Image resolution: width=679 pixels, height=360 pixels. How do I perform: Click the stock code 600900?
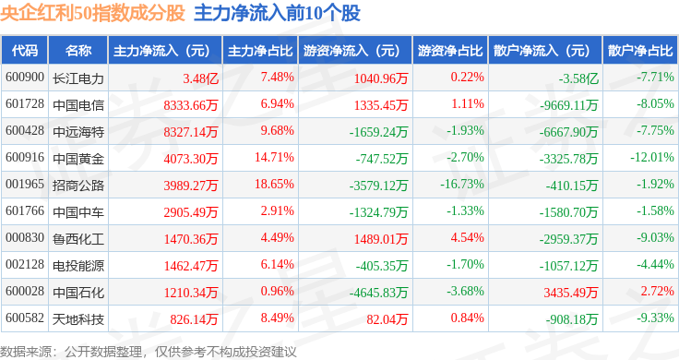tap(25, 78)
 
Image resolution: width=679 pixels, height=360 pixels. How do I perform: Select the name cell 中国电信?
tap(78, 105)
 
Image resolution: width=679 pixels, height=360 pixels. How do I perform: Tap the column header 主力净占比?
tap(260, 51)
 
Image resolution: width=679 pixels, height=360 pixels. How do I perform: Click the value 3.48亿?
tap(200, 78)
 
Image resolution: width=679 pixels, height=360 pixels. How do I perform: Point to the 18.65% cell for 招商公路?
tap(274, 184)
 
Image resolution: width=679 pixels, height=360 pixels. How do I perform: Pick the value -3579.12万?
tap(378, 186)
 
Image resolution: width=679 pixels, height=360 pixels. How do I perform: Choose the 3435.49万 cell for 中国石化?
tap(571, 293)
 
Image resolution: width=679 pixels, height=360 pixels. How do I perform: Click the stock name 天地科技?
tap(78, 319)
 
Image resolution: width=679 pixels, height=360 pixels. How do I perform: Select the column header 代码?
tap(25, 51)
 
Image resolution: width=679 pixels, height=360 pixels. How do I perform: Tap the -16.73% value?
tap(462, 184)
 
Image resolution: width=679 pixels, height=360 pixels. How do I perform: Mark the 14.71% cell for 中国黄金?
tap(274, 157)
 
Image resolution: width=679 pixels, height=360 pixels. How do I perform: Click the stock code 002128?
tap(25, 264)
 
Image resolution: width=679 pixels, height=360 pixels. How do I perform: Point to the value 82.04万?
tap(387, 319)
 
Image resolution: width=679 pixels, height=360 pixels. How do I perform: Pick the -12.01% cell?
tap(652, 157)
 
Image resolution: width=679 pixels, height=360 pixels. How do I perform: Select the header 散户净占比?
tap(640, 51)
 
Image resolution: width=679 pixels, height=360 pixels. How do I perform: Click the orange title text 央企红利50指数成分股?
tap(92, 13)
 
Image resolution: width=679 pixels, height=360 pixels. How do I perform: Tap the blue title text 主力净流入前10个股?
tap(277, 13)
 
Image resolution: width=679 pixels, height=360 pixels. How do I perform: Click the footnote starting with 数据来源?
tap(149, 352)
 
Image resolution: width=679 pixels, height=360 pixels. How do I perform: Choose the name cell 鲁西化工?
tap(78, 239)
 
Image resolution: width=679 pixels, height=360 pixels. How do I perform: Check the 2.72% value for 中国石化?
tap(658, 291)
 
